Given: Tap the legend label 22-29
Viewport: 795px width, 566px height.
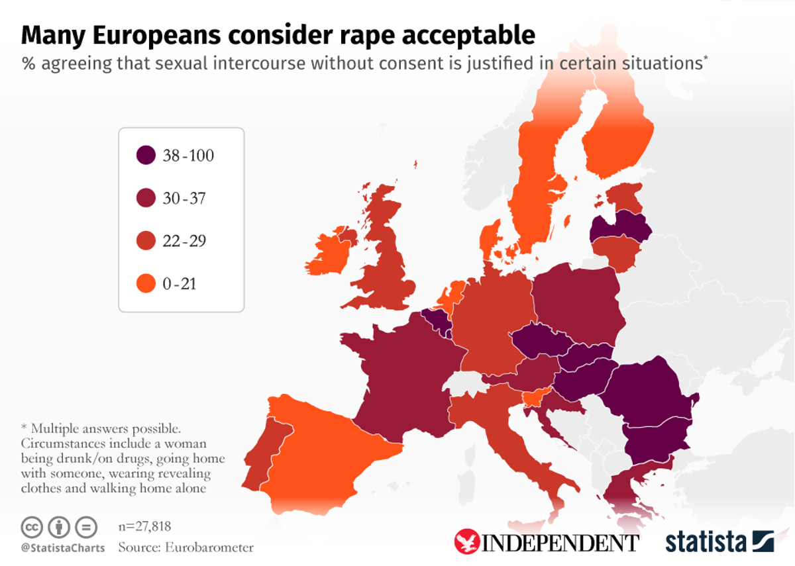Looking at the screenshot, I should (184, 242).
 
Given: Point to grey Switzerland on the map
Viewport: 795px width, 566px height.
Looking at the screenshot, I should (464, 383).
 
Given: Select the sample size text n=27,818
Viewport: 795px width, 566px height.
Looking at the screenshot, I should (144, 527).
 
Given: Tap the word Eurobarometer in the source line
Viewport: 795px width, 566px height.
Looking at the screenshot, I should (211, 547).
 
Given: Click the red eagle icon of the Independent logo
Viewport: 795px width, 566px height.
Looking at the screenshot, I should (466, 542).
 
